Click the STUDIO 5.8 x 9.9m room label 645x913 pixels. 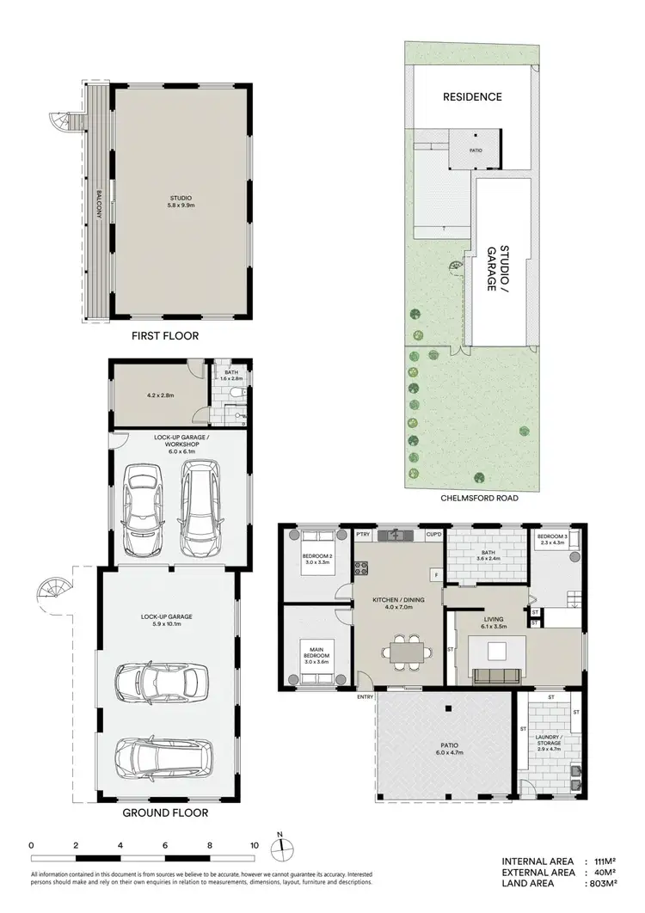click(x=181, y=201)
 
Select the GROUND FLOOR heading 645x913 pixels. click(x=165, y=812)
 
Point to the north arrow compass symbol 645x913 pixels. click(x=280, y=849)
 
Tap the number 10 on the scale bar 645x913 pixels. click(x=254, y=846)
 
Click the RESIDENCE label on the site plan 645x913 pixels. click(x=472, y=96)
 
